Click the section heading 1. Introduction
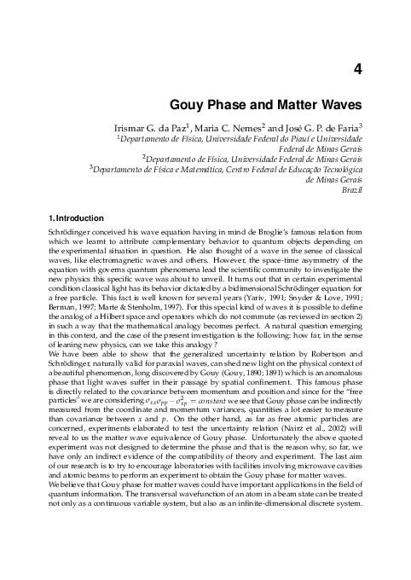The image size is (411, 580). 76,218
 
